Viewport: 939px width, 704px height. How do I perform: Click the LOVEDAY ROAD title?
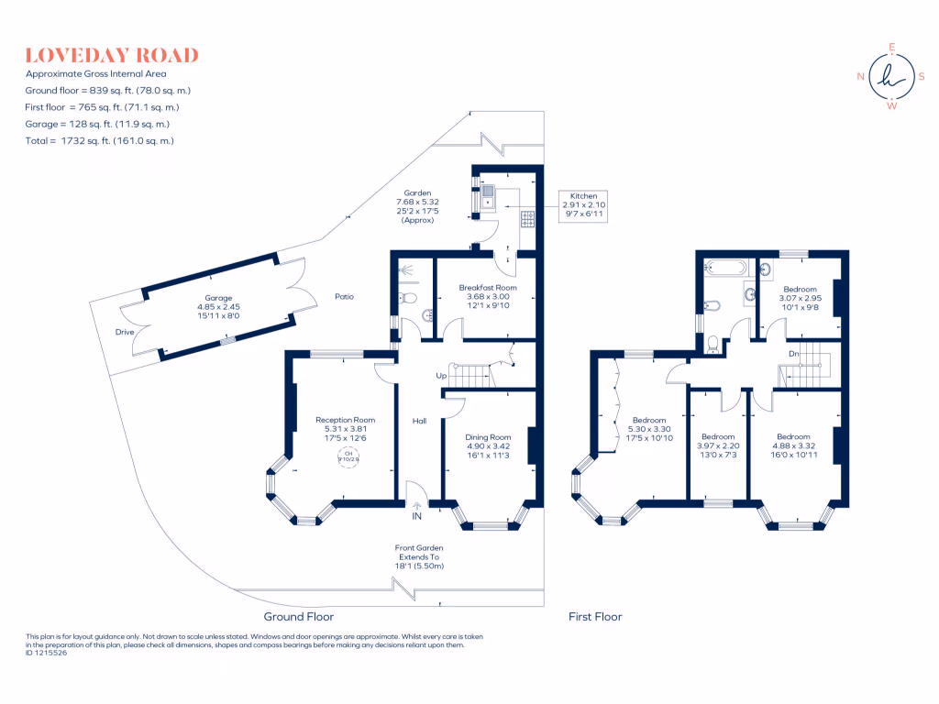tap(112, 55)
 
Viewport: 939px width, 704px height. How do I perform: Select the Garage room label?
tap(218, 303)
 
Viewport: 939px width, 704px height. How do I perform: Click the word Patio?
tap(344, 296)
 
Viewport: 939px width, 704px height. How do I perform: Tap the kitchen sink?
tap(488, 193)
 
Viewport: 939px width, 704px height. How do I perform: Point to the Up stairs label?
tap(441, 376)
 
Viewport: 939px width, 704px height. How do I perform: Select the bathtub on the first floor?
tap(724, 268)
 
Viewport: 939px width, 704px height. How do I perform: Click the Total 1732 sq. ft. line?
tap(100, 140)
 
